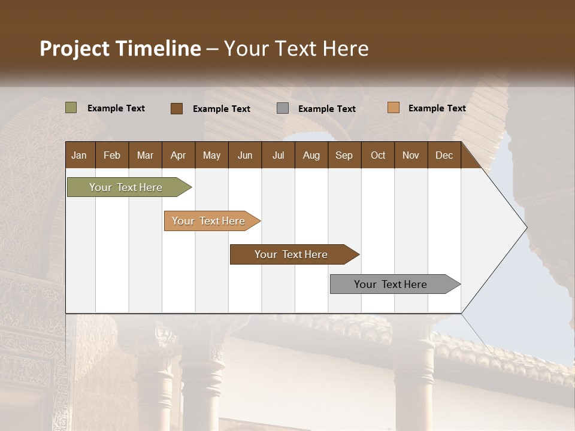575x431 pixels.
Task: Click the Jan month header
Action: (79, 155)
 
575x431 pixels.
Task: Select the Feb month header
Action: (112, 155)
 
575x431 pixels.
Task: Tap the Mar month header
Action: (145, 155)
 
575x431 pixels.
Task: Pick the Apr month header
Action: (178, 155)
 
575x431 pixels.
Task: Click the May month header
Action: (211, 155)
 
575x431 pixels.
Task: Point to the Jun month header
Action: (245, 155)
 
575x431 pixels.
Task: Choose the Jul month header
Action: (278, 155)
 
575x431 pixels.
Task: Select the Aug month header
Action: (311, 155)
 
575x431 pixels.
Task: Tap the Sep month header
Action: (344, 155)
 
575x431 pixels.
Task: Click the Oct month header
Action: (378, 155)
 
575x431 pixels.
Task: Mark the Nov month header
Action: (411, 155)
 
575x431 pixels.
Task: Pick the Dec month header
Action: (444, 155)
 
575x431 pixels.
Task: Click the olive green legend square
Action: (71, 108)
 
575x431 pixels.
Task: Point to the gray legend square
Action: (283, 108)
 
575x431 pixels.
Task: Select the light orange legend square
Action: (394, 108)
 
